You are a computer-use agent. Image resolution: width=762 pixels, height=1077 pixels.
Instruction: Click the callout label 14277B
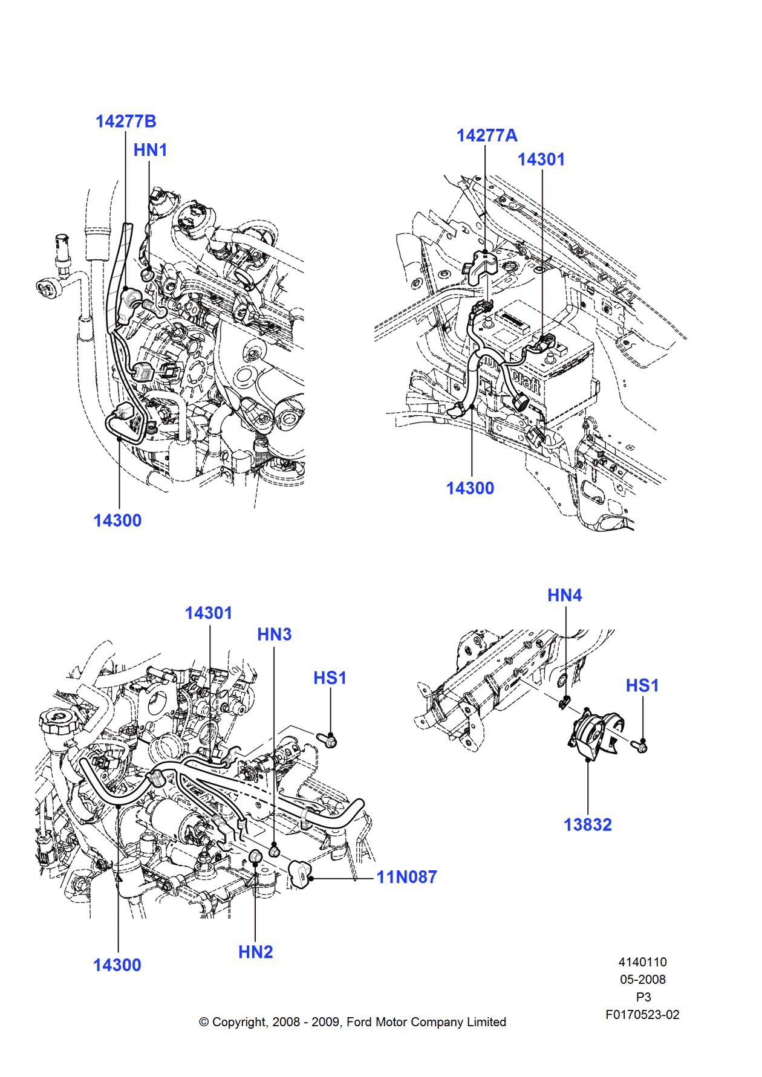point(126,121)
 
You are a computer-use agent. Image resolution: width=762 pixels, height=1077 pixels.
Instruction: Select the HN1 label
point(150,150)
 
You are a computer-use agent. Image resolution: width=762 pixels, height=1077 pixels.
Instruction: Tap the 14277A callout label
point(487,135)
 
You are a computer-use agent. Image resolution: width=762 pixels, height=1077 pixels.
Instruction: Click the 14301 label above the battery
point(541,160)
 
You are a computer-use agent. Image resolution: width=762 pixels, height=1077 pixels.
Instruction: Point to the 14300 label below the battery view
point(470,488)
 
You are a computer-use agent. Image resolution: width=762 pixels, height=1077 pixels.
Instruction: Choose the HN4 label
point(564,595)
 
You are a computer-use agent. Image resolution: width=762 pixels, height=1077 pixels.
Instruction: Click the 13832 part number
point(587,825)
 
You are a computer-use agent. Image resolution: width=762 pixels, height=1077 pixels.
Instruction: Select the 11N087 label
point(406,877)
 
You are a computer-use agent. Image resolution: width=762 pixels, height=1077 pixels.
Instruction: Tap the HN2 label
point(255,952)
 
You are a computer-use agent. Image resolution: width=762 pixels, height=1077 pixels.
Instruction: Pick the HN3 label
point(274,635)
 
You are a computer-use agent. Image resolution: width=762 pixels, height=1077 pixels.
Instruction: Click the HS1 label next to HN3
point(330,678)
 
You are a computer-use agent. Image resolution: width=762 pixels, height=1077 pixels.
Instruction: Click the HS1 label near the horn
point(642,685)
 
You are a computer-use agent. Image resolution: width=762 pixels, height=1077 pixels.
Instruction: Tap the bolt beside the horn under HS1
point(639,747)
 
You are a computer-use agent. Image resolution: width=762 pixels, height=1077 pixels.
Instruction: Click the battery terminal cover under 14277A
point(481,267)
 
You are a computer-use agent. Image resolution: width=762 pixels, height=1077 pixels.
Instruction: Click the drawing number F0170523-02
point(642,1015)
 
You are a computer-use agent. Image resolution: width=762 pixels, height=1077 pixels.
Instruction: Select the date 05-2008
point(642,980)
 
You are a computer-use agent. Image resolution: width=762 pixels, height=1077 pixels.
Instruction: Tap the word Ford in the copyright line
point(359,1022)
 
